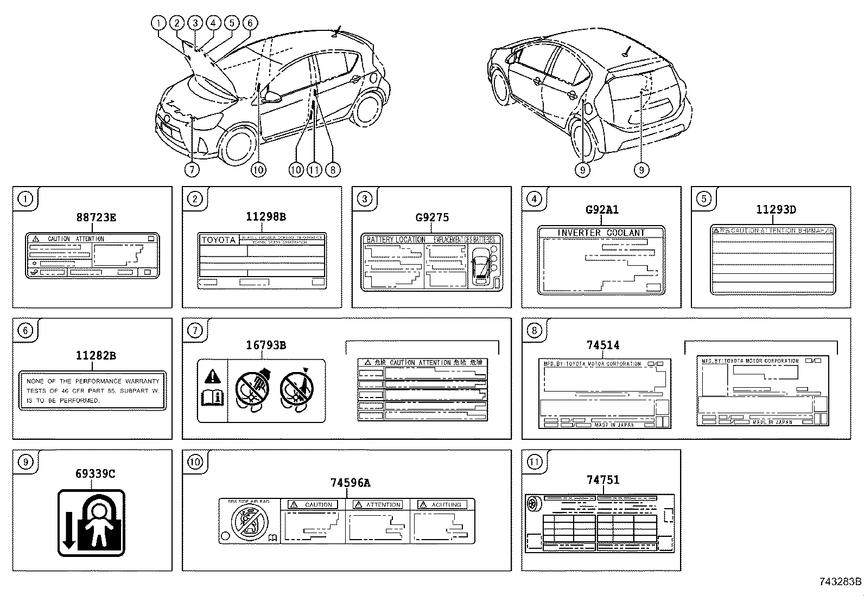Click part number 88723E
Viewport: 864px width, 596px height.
coord(96,217)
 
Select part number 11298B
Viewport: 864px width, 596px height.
coord(265,216)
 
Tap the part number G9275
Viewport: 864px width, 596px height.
coord(432,217)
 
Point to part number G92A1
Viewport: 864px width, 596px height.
coord(602,209)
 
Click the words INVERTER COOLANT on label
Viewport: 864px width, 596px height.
coord(601,233)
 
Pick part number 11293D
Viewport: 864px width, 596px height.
coord(776,209)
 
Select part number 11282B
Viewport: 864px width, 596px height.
coord(96,356)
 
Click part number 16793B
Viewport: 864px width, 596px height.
coord(266,345)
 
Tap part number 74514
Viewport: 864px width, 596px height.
coord(603,345)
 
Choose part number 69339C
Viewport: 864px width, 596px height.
coord(96,473)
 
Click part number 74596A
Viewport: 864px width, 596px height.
coord(350,482)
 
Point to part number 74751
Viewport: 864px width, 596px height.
coord(603,479)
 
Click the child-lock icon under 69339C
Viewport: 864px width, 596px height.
coord(92,523)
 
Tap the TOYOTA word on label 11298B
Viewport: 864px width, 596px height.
coord(219,240)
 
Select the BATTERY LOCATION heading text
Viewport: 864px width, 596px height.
coord(396,239)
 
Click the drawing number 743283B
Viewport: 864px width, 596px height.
coord(840,582)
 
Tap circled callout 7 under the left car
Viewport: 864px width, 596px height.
coord(192,170)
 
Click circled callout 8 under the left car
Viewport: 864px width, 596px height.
coord(332,170)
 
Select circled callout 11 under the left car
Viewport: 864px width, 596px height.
coord(314,170)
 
